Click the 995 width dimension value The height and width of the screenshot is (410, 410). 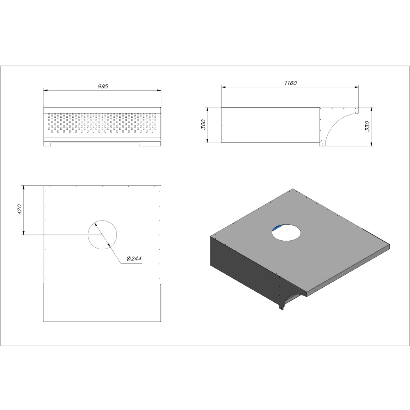pyautogui.click(x=103, y=86)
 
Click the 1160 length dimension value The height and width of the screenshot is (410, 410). pyautogui.click(x=291, y=83)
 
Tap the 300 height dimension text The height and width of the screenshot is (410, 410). pyautogui.click(x=203, y=125)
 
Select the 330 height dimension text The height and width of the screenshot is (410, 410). pyautogui.click(x=367, y=126)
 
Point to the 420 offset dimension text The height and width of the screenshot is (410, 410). pyautogui.click(x=20, y=210)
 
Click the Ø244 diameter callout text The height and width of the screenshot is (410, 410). pyautogui.click(x=134, y=259)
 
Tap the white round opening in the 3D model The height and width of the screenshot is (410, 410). pyautogui.click(x=286, y=232)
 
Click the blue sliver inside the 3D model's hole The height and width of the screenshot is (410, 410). pyautogui.click(x=277, y=228)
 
